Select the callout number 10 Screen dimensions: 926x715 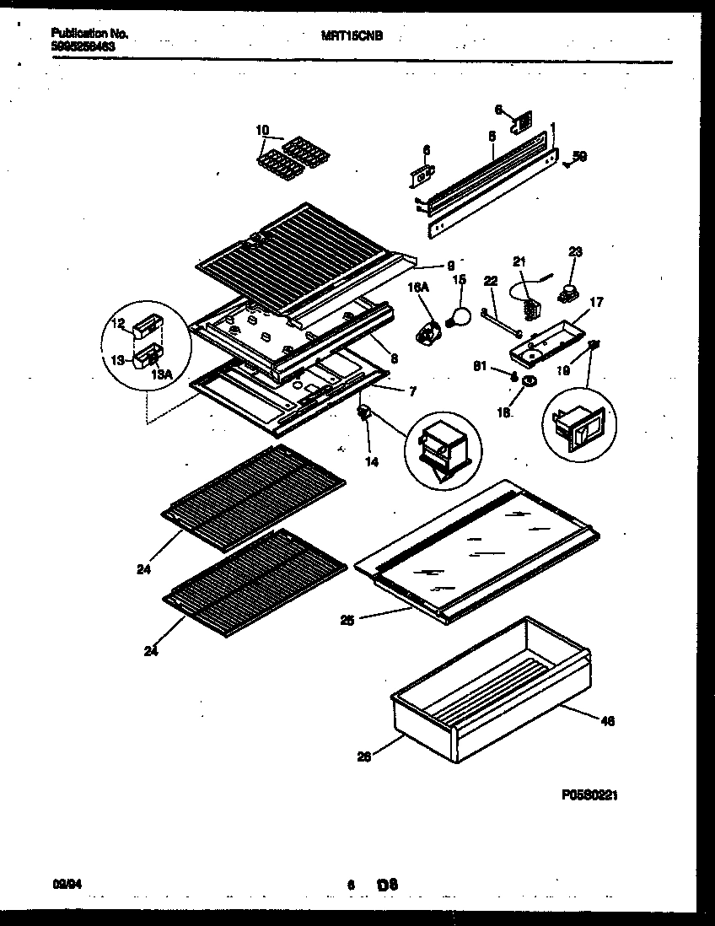coord(261,130)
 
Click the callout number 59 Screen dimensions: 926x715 coord(579,156)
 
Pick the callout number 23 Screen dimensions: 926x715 coord(575,251)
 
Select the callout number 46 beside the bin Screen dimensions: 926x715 coord(607,720)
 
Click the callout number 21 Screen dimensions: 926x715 coord(519,262)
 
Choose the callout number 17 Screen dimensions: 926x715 coord(595,302)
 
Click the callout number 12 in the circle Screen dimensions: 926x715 coord(117,324)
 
